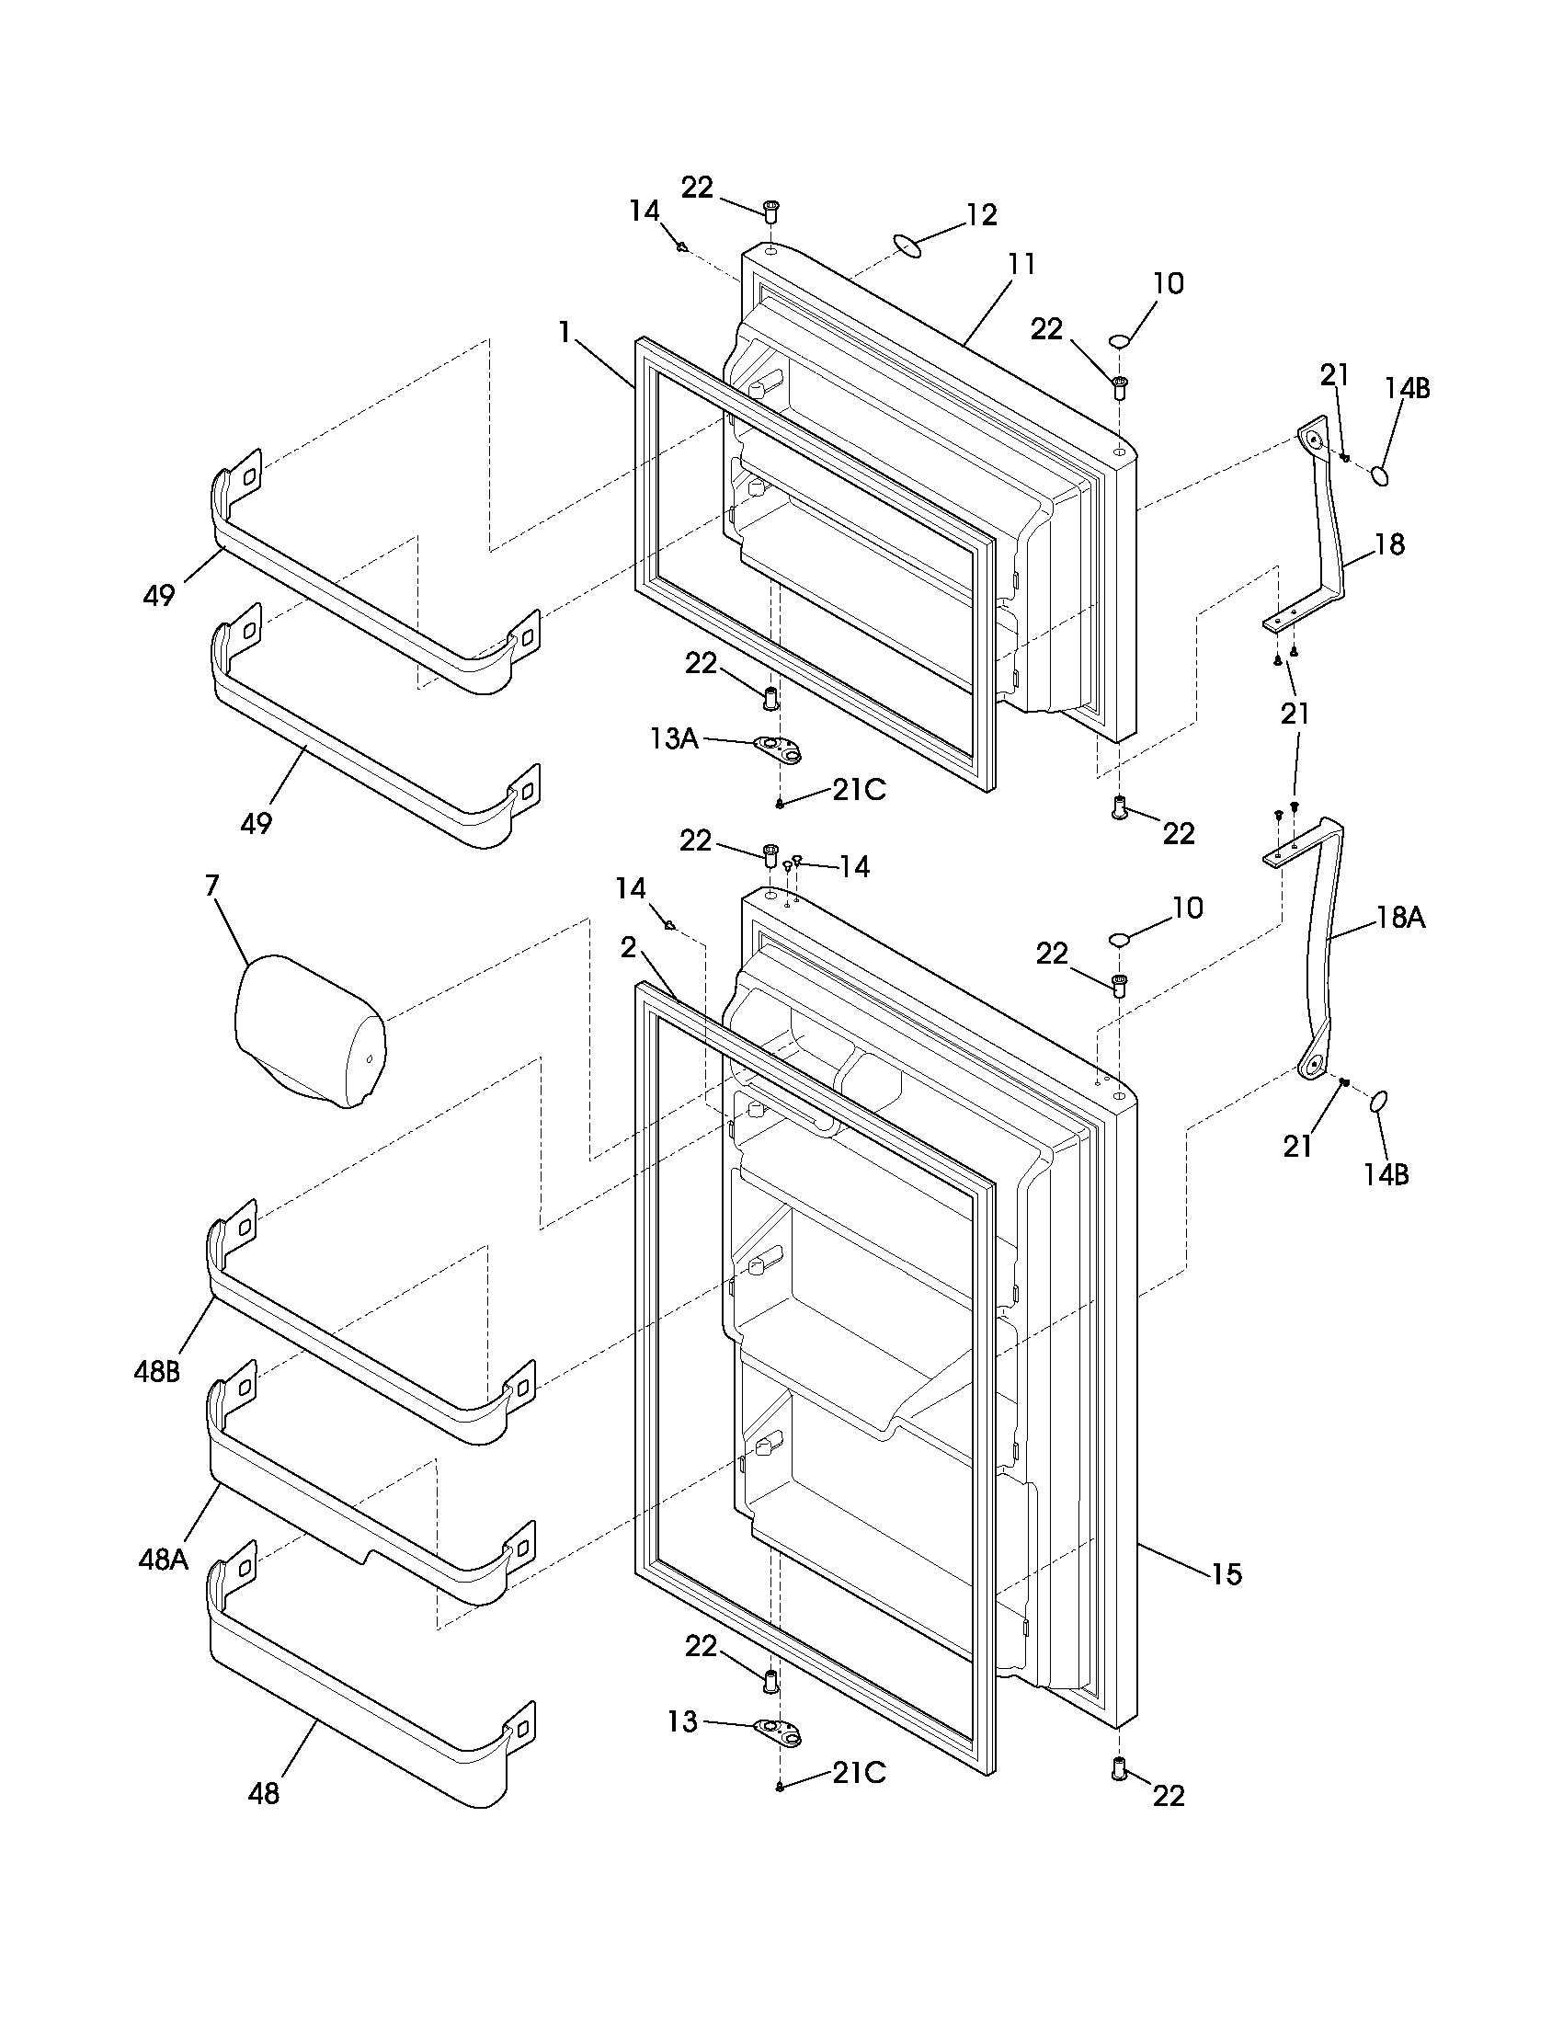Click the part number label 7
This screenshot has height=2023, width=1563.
[211, 886]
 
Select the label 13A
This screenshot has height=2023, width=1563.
[674, 738]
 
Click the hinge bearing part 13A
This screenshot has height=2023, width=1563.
[779, 750]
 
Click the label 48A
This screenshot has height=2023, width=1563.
[163, 1560]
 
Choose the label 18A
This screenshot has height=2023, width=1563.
[1400, 918]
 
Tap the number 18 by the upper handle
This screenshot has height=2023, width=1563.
[1390, 543]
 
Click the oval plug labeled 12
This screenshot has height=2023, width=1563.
[908, 247]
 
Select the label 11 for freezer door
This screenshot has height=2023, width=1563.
[1021, 264]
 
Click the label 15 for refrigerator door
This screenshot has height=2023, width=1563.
[1226, 1573]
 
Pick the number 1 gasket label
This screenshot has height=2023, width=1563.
[565, 332]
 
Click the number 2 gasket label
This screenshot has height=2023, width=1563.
[629, 947]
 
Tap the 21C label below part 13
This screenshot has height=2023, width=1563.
[859, 1772]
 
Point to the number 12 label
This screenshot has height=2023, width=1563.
[982, 215]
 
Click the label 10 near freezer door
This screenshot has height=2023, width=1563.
[1169, 283]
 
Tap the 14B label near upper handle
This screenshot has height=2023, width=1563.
[1407, 388]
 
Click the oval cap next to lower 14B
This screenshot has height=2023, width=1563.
[1377, 1101]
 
